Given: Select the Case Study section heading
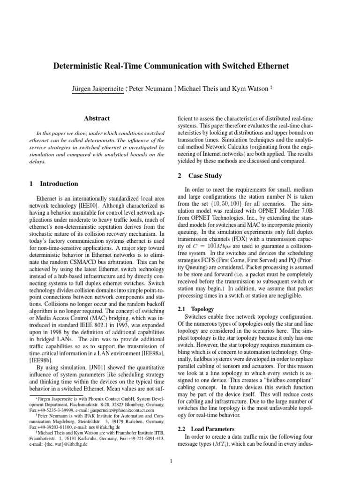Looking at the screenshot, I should pos(206,176).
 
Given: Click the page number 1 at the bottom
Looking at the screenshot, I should pos(172,462).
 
